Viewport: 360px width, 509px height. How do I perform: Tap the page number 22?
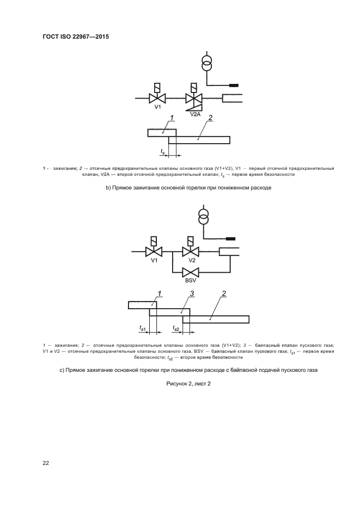point(46,463)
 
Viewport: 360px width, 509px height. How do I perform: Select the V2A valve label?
point(196,115)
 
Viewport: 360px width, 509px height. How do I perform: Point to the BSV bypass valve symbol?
point(191,273)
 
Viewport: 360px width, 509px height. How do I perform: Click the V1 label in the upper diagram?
point(157,107)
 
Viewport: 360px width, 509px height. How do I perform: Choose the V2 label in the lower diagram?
point(191,260)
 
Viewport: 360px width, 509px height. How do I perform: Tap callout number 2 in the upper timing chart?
point(210,118)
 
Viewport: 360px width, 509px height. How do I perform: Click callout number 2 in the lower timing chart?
point(224,295)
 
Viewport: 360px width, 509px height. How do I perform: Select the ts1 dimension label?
point(143,328)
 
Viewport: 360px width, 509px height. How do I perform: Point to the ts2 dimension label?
point(176,328)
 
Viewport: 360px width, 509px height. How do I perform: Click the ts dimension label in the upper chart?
point(162,151)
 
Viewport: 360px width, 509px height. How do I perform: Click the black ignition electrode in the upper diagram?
point(234,85)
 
